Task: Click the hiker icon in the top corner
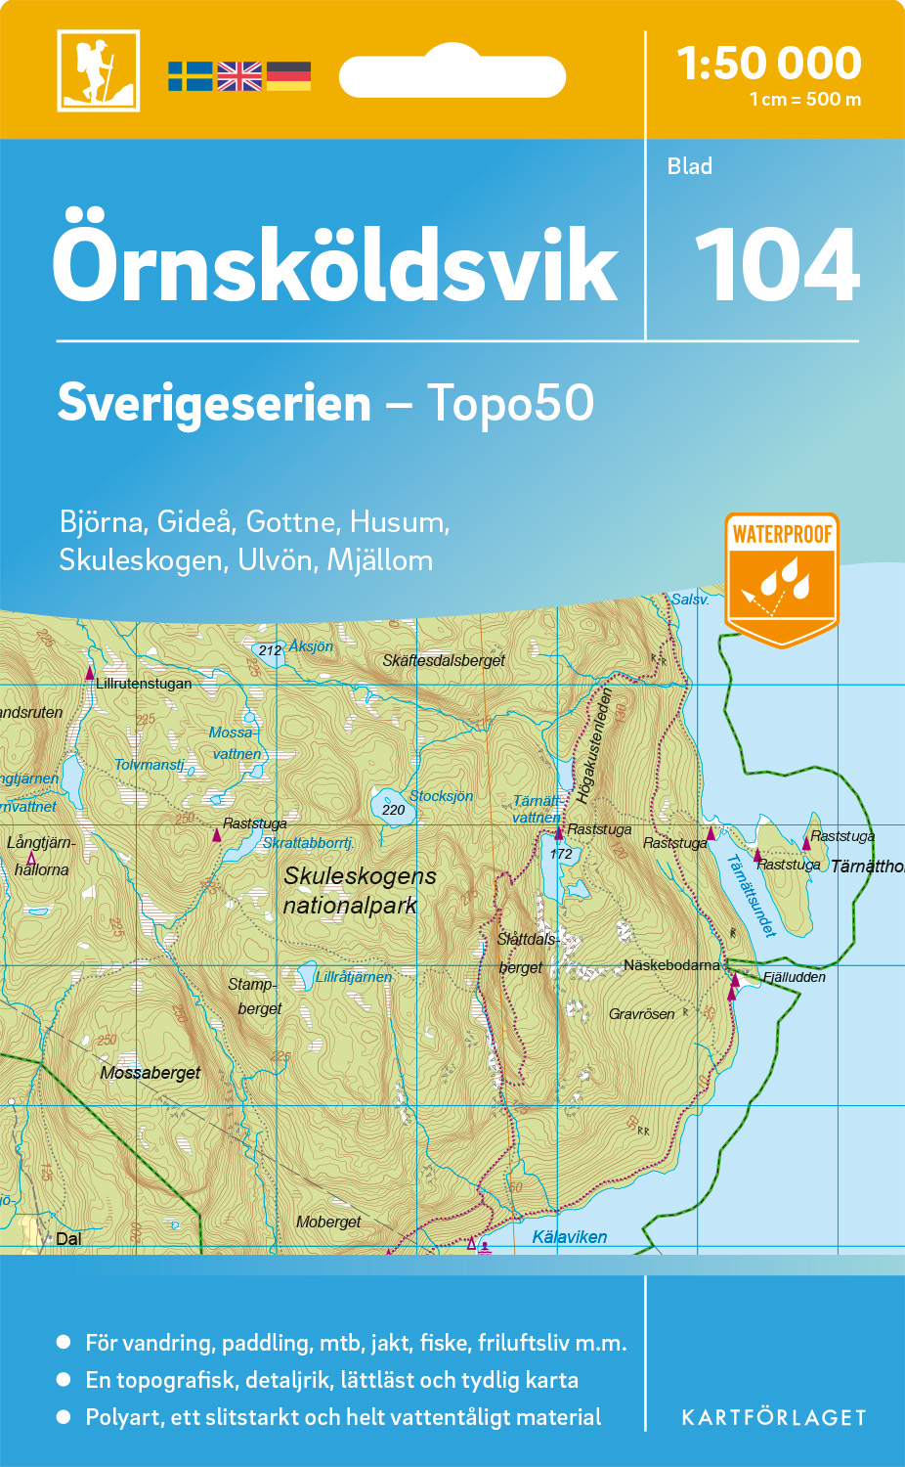98,70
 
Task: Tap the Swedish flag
190,76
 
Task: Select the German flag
288,76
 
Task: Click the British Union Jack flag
239,76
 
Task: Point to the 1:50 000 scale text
769,65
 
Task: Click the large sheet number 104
777,265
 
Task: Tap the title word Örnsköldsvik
335,265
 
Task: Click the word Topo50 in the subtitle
510,403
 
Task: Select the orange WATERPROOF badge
782,578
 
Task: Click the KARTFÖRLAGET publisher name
774,1418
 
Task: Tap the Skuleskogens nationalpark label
359,891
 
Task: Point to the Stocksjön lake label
441,796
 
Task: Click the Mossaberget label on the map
150,1073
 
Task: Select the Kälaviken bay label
570,1237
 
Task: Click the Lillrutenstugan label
144,684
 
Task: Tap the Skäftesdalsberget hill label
444,661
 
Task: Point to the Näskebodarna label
671,965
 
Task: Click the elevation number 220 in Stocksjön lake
393,810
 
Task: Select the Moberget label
328,1222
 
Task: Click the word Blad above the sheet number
690,166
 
